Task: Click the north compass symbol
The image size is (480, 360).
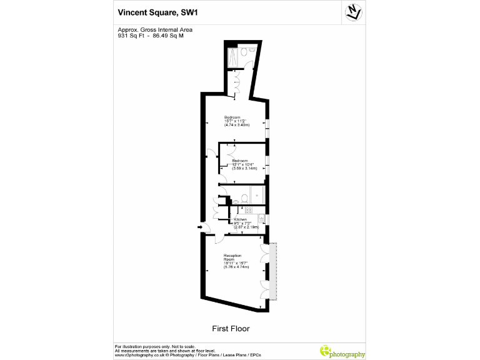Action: pyautogui.click(x=354, y=11)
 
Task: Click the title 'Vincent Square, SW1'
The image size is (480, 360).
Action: pyautogui.click(x=156, y=11)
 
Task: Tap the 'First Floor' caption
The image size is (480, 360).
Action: pyautogui.click(x=231, y=328)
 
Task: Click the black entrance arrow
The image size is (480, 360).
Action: pyautogui.click(x=200, y=227)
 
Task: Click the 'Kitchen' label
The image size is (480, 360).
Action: pyautogui.click(x=241, y=219)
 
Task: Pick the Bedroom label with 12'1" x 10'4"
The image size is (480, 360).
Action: pyautogui.click(x=241, y=161)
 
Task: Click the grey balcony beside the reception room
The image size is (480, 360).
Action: pyautogui.click(x=273, y=271)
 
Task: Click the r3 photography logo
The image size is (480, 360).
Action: pyautogui.click(x=342, y=351)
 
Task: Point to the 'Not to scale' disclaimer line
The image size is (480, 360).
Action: pyautogui.click(x=155, y=346)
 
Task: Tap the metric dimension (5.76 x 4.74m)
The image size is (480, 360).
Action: pyautogui.click(x=236, y=267)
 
